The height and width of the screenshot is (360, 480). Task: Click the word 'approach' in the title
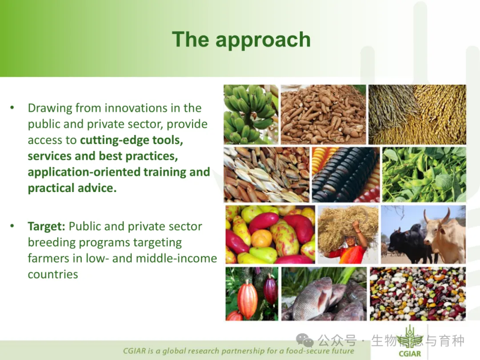point(263,40)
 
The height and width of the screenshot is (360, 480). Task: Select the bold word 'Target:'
point(46,226)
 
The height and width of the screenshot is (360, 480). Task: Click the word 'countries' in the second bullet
point(53,274)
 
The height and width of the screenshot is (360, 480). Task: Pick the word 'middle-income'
point(176,258)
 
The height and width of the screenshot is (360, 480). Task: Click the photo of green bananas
point(251,114)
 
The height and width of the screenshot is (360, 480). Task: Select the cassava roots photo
point(323,114)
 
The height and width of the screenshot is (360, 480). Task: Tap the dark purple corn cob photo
point(346,175)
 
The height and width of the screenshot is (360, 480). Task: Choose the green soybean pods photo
point(424,175)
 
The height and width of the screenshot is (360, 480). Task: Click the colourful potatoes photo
point(270,235)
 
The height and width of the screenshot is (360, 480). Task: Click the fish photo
point(324,294)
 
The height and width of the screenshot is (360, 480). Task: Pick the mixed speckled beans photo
point(417,294)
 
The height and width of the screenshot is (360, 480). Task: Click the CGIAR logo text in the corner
point(410,354)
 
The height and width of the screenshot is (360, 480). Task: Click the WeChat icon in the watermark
point(304,340)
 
